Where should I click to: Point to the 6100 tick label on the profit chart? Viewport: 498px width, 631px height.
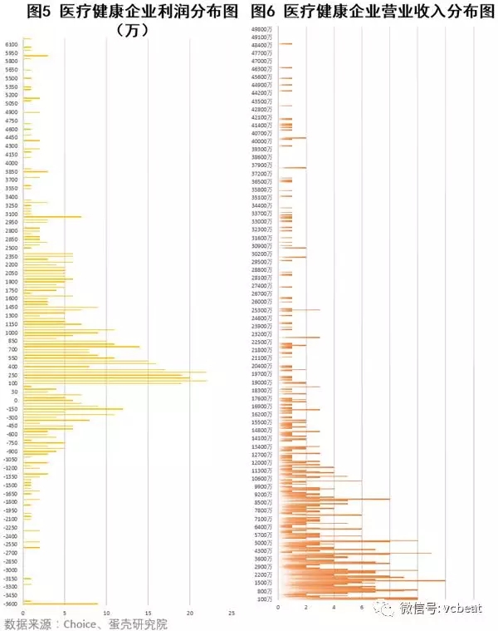tap(12, 44)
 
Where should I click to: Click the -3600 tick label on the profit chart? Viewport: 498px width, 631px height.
tap(10, 604)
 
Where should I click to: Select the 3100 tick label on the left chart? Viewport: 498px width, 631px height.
tap(12, 214)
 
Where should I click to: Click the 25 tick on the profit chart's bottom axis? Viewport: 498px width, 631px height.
tap(232, 613)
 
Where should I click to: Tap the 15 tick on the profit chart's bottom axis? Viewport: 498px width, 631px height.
tap(149, 613)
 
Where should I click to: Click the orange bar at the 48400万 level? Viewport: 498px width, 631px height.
tap(286, 44)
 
